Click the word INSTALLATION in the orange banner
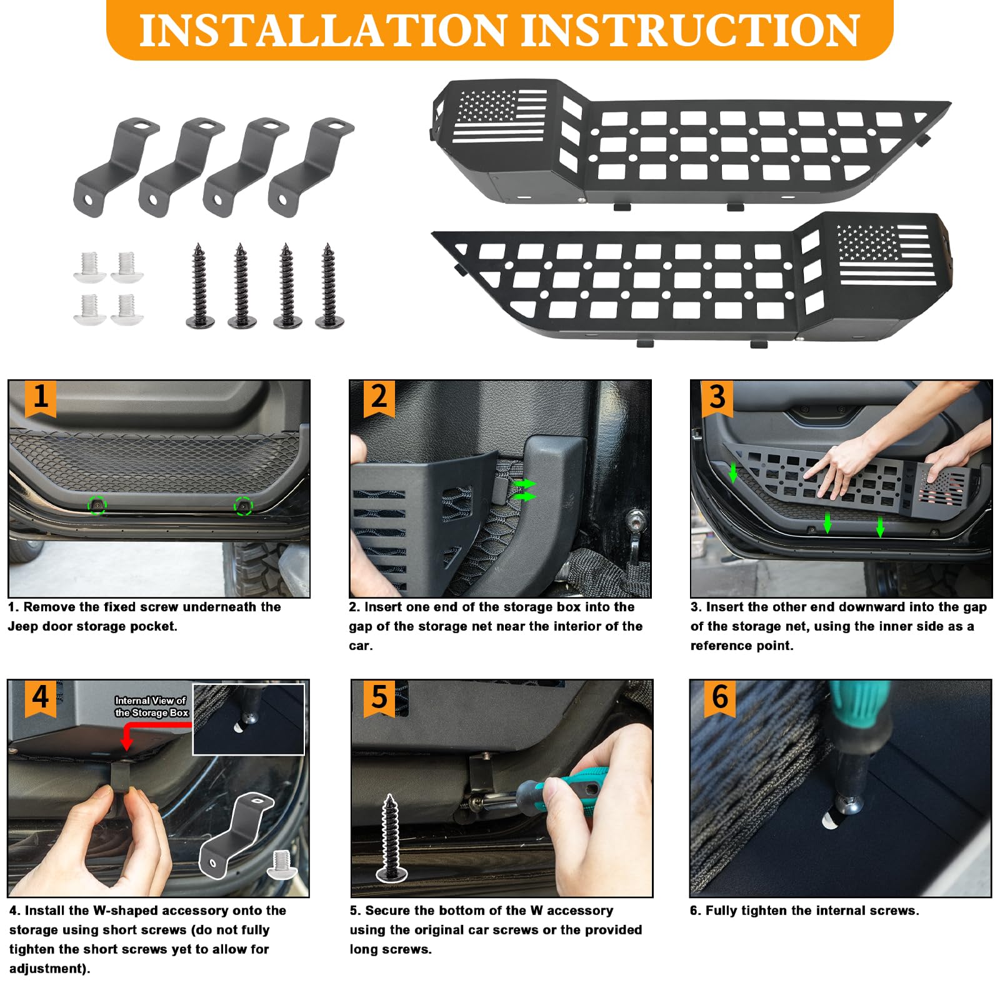[x=322, y=30]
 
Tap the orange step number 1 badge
[x=41, y=398]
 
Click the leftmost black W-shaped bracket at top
[x=115, y=166]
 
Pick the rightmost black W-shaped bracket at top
[x=311, y=166]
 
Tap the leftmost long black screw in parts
[x=200, y=286]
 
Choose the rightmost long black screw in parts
[x=329, y=286]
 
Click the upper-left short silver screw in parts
[x=89, y=266]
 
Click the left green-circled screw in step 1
[x=97, y=504]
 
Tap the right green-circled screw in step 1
[x=243, y=506]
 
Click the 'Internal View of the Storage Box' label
[x=151, y=707]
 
